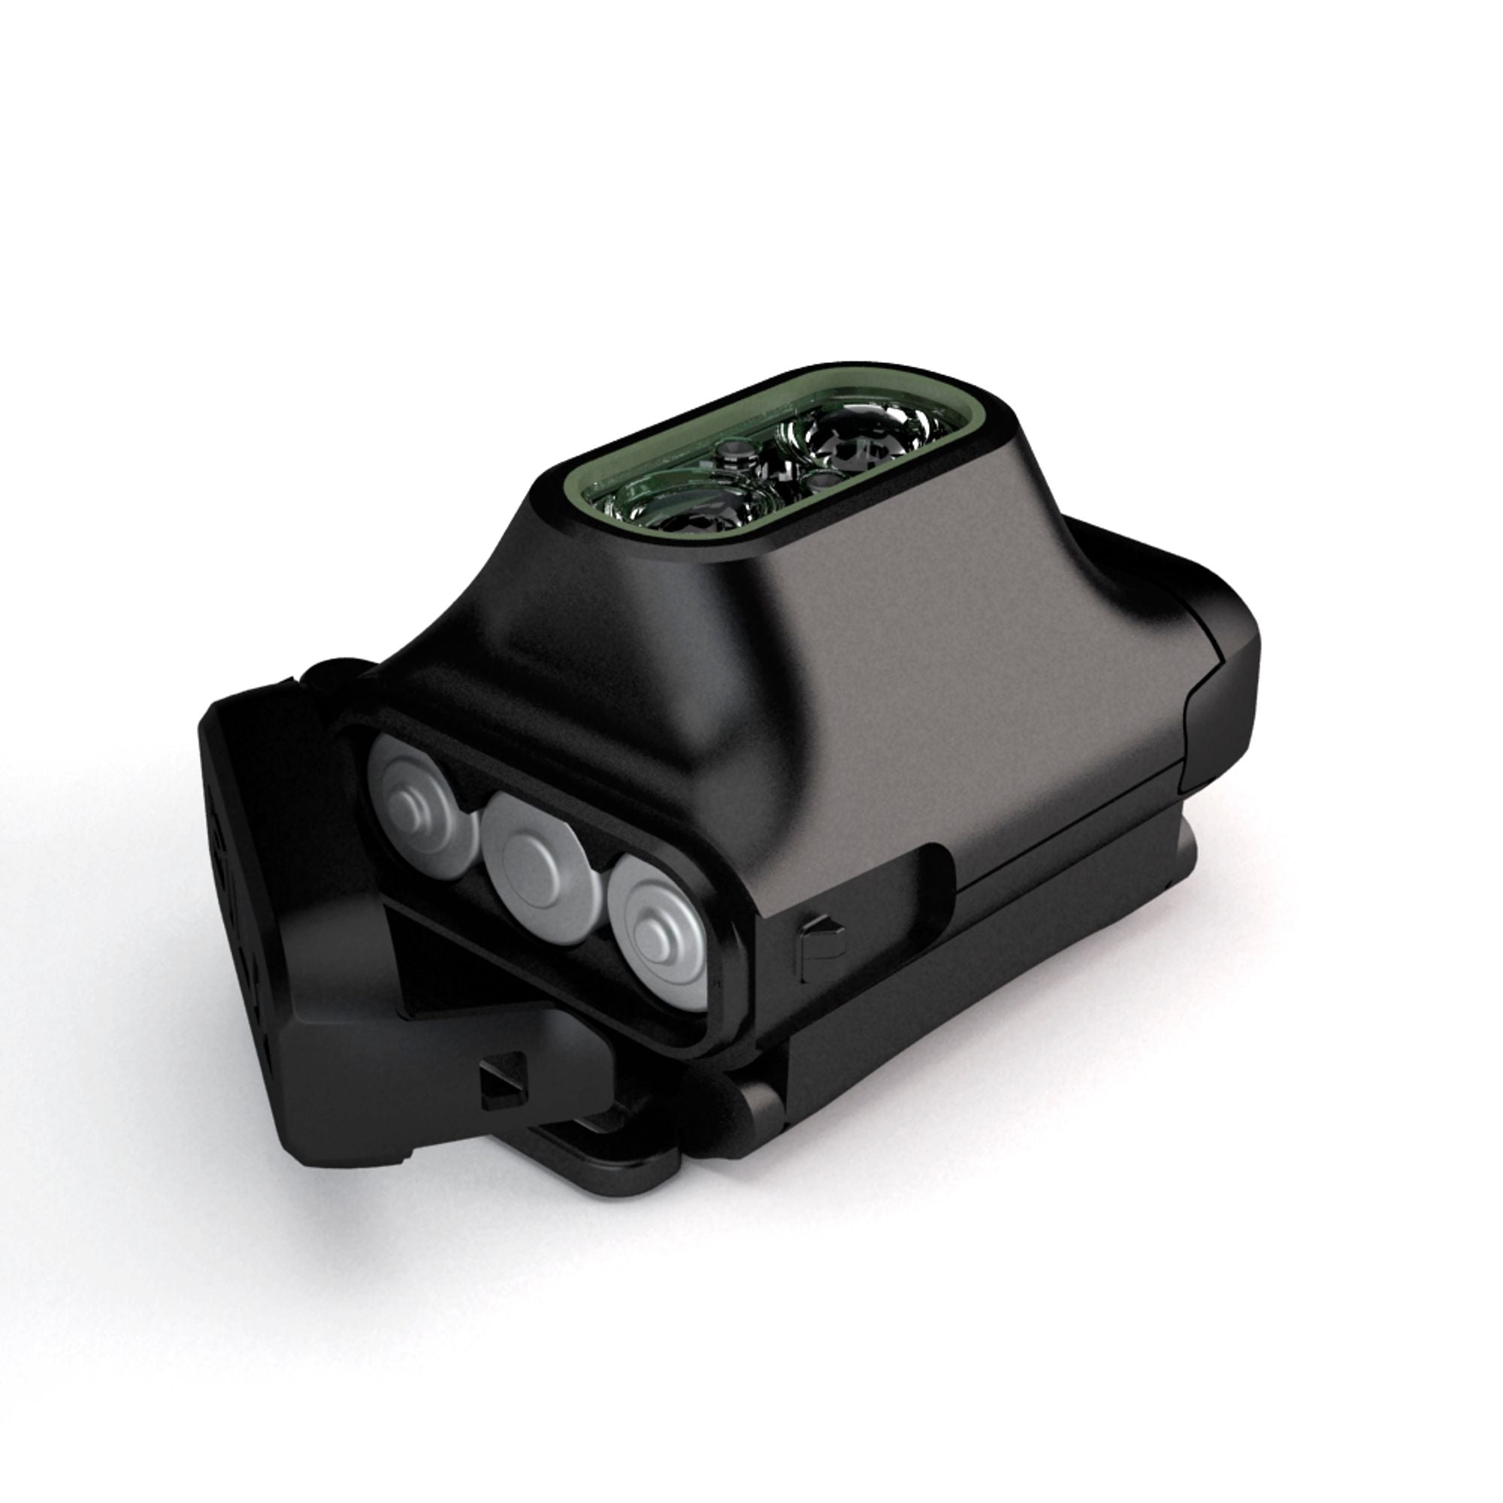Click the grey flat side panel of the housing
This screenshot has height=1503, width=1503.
[x=972, y=700]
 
